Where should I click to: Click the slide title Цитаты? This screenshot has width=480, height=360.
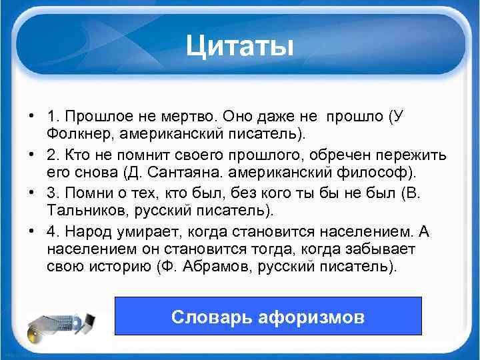pyautogui.click(x=239, y=46)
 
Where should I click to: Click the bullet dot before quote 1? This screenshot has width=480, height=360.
pyautogui.click(x=31, y=116)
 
